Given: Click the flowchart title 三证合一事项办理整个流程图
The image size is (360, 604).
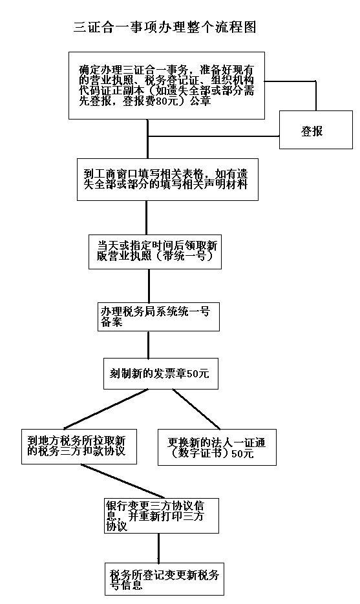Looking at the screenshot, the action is pos(165,27).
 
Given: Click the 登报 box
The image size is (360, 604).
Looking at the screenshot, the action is pos(315,130).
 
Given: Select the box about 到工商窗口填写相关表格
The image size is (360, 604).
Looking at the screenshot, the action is pos(167,179).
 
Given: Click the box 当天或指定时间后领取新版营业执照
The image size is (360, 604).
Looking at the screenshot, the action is pos(155,251).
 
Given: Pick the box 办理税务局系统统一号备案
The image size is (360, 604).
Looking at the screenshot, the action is pos(158,317).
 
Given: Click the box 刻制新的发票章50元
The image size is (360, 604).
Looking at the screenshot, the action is pos(161,373).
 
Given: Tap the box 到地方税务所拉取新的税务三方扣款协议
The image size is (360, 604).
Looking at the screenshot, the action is pos(79,446).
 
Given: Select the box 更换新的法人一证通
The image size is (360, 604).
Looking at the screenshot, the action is pos(217,447).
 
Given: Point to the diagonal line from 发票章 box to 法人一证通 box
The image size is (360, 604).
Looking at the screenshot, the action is pos(196,409).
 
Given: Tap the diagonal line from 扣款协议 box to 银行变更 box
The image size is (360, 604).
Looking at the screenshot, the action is pos(123,481).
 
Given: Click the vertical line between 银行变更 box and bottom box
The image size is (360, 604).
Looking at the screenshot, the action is pos(158,548).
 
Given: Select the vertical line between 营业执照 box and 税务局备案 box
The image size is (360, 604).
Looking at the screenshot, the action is pos(149,286).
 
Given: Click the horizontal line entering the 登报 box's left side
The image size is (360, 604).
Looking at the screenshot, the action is pos(213,136).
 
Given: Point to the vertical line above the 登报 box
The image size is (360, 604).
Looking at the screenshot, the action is pos(316,96).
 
